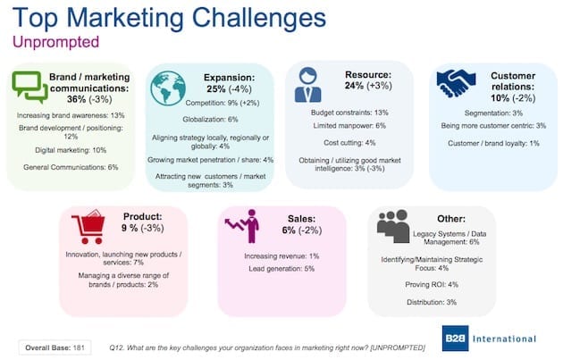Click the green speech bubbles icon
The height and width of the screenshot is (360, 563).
tap(29, 87)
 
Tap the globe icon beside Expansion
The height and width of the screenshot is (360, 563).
tap(168, 88)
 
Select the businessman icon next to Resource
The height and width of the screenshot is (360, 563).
tap(308, 85)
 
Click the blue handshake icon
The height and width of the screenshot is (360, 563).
tap(456, 83)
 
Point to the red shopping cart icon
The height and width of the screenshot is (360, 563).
tap(88, 227)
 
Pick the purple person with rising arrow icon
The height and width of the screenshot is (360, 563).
tap(243, 226)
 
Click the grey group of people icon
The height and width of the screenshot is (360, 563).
tap(393, 226)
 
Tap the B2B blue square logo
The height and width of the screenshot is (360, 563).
tap(455, 338)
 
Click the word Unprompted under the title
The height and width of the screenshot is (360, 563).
tap(56, 42)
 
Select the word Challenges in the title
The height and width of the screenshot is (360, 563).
tap(259, 18)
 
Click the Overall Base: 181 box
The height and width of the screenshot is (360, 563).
tap(55, 347)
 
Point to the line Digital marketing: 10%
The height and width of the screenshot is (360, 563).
tap(71, 150)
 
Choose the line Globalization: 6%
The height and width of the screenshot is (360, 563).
tap(210, 119)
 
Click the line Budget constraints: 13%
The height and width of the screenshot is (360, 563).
tap(349, 113)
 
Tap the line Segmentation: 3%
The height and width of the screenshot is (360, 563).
tap(493, 113)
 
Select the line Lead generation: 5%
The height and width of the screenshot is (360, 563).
tap(281, 269)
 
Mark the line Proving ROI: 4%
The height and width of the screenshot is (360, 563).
tap(432, 285)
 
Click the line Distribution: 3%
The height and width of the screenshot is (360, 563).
tap(432, 302)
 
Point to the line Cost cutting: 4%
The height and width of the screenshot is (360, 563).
tap(349, 143)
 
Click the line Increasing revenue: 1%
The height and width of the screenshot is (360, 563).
tap(281, 255)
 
